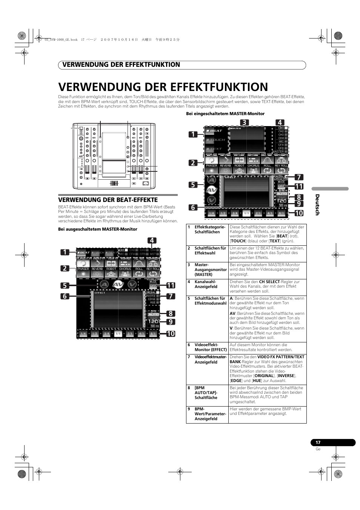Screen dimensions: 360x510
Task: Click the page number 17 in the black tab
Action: pyautogui.click(x=318, y=442)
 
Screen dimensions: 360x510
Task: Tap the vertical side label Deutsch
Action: pyautogui.click(x=317, y=205)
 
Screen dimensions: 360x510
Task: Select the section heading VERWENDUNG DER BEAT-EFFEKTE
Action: pyautogui.click(x=108, y=200)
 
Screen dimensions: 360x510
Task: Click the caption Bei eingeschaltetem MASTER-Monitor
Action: pyautogui.click(x=225, y=114)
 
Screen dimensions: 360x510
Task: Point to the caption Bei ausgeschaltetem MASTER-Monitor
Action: pyautogui.click(x=97, y=229)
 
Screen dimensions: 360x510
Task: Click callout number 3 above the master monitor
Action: pyautogui.click(x=244, y=122)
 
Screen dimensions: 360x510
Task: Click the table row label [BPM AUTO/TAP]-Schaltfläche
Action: pyautogui.click(x=206, y=393)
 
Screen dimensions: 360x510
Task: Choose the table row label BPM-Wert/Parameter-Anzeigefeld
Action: pyautogui.click(x=210, y=414)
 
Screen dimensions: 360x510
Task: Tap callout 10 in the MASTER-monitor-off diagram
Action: pyautogui.click(x=171, y=334)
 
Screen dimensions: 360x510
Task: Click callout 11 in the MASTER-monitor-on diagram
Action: pyautogui.click(x=299, y=186)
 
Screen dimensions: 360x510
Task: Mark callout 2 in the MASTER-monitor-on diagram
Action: pyautogui.click(x=193, y=163)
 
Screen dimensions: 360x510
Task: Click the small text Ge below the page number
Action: pyautogui.click(x=318, y=449)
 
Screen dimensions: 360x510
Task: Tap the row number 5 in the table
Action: pyautogui.click(x=189, y=299)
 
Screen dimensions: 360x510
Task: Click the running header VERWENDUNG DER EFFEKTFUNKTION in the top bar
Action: pyautogui.click(x=122, y=65)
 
